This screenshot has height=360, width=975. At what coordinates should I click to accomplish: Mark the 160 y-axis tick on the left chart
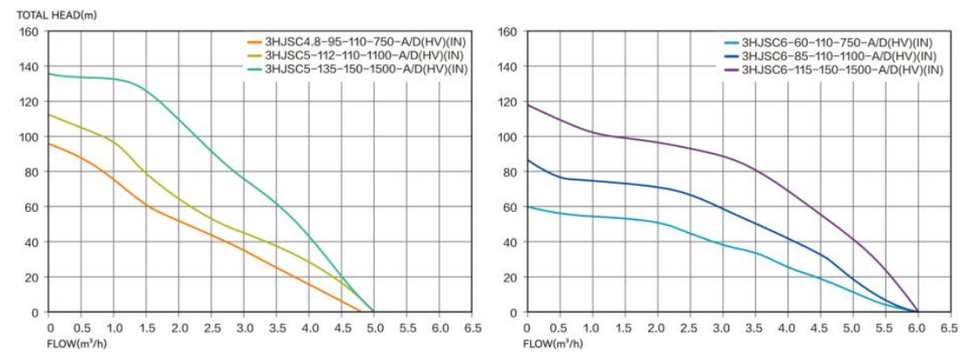click(x=30, y=32)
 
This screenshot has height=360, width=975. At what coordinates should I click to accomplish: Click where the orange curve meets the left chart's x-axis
click(x=360, y=312)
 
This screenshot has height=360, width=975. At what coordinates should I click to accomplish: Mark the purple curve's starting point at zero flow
click(x=526, y=105)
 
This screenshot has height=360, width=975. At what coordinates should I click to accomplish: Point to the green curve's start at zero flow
click(x=49, y=74)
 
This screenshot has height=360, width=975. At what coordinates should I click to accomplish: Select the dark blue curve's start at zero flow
click(x=526, y=159)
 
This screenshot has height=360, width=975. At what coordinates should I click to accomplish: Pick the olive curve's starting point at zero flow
click(x=49, y=115)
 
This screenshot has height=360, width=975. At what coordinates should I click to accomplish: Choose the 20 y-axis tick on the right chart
click(x=509, y=277)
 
